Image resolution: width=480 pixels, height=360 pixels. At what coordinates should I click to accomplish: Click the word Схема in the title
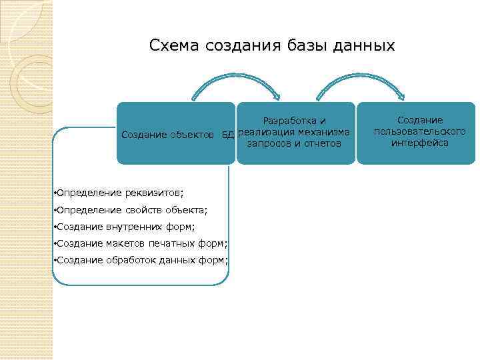(x=175, y=45)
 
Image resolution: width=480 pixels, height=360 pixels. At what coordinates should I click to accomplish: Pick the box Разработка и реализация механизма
(x=295, y=133)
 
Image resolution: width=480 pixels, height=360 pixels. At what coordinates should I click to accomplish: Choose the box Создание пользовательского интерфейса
(x=416, y=133)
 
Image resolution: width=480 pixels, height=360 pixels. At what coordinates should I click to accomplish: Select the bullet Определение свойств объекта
(x=131, y=210)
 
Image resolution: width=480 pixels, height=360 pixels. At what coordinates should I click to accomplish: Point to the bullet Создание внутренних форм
(x=125, y=227)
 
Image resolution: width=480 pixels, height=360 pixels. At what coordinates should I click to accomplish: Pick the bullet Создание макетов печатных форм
(x=141, y=243)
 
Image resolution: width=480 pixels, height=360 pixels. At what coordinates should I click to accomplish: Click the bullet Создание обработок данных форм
(x=141, y=260)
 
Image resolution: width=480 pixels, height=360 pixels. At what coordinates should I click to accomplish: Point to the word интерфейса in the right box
(x=420, y=143)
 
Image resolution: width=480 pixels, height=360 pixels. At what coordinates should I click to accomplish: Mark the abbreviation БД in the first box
(x=228, y=135)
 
